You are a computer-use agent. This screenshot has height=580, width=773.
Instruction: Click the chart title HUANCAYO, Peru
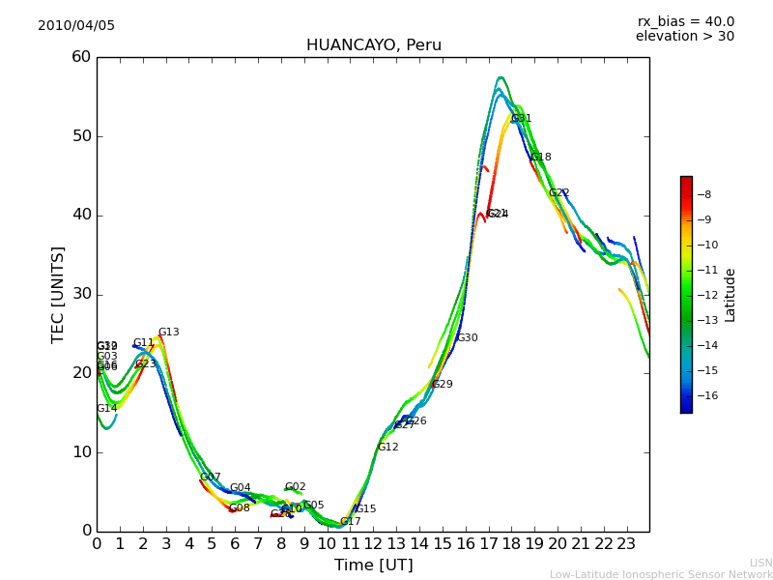[x=373, y=45]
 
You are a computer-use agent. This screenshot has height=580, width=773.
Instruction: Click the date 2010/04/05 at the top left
[x=76, y=26]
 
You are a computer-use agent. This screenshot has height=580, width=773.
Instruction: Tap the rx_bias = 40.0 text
[x=685, y=22]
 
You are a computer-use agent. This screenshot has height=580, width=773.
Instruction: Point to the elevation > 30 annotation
[x=684, y=37]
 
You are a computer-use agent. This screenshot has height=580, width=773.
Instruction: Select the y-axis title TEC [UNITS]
[x=58, y=294]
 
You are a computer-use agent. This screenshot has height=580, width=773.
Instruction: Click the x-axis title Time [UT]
[x=373, y=565]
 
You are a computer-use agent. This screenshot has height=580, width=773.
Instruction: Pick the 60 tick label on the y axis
[x=80, y=57]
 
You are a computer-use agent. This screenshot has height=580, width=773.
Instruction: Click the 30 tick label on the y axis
[x=80, y=294]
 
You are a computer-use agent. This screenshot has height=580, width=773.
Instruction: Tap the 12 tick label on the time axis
[x=373, y=544]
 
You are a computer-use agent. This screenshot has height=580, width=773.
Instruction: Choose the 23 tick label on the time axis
[x=626, y=544]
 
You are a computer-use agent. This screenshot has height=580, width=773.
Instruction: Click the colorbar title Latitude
[x=730, y=294]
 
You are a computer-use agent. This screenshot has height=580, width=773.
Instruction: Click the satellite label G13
[x=169, y=333]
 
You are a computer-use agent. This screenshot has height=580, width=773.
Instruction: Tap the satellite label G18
[x=541, y=158]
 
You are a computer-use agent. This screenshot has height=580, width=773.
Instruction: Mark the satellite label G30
[x=468, y=338]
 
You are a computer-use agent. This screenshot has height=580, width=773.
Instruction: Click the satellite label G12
[x=388, y=448]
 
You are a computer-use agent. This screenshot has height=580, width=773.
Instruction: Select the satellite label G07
[x=211, y=478]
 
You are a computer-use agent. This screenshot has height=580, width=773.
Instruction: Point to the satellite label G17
[x=351, y=522]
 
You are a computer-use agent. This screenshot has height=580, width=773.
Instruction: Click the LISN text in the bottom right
[x=761, y=563]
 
